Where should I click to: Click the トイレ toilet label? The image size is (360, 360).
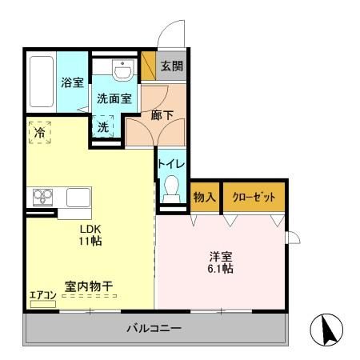coord(172,164)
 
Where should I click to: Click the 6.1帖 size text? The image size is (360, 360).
coord(222,270)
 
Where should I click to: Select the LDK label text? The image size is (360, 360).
coord(89,227)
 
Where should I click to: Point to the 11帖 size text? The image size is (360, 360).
coord(89,241)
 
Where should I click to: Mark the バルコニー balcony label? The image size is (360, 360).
coord(154,328)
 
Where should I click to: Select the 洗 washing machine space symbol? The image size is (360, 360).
coord(105,126)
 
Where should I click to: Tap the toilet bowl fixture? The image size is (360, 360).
coord(170,189)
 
